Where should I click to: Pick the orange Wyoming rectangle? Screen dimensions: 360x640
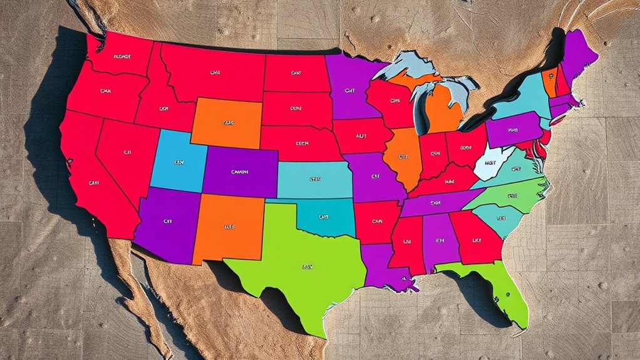[225, 122]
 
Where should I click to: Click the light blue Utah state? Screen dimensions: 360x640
[178, 162]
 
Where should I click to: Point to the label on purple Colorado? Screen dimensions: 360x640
[239, 171]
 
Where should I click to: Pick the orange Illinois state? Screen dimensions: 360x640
[403, 157]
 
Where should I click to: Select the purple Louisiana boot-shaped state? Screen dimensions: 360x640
[382, 263]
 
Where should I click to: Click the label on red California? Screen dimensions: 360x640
[94, 183]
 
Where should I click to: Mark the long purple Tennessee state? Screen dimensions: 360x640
[438, 202]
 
